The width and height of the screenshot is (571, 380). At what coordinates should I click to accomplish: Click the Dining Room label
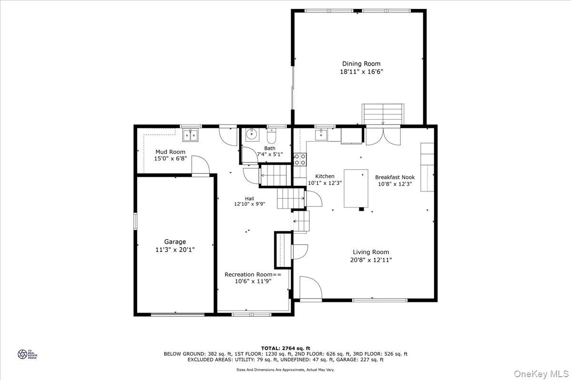tap(361, 64)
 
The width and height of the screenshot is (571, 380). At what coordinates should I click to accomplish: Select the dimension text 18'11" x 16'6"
tap(361, 72)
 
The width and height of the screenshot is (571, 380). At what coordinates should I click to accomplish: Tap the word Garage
tap(175, 242)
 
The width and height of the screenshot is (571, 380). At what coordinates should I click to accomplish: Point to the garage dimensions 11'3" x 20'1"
tap(175, 250)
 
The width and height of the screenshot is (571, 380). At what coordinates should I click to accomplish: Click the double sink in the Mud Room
tap(191, 135)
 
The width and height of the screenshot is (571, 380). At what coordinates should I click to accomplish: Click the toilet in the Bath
tap(272, 137)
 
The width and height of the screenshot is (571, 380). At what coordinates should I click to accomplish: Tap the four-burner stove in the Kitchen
tap(300, 159)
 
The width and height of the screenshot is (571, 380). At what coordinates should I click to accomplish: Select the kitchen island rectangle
tap(356, 188)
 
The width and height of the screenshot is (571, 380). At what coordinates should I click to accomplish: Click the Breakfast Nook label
tap(394, 177)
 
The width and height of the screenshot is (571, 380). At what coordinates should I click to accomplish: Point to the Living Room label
tap(371, 252)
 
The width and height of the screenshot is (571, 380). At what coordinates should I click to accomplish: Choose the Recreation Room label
tap(253, 275)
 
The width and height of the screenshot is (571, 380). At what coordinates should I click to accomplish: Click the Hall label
tap(249, 199)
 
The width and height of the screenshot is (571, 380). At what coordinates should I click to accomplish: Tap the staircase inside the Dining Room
tap(383, 114)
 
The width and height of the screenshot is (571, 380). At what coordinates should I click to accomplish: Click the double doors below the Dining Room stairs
tap(383, 135)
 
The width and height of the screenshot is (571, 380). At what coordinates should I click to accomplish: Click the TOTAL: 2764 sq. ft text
tap(285, 348)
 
